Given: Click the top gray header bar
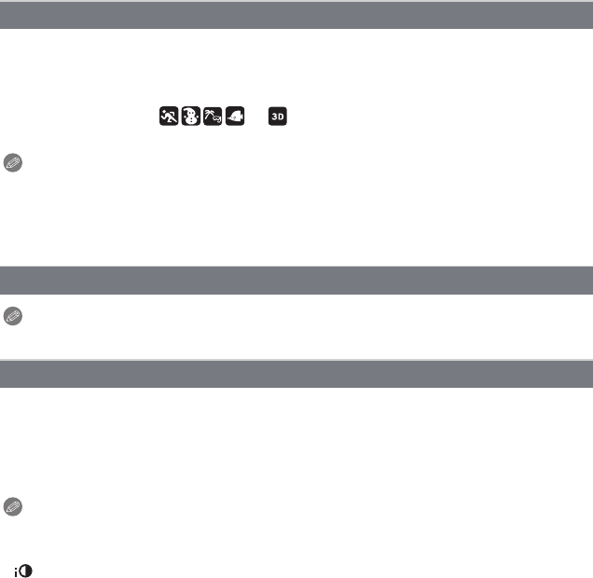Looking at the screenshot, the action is [x=296, y=16].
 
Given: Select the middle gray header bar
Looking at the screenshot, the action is [x=296, y=280].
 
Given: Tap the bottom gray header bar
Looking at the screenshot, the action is [x=296, y=374].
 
